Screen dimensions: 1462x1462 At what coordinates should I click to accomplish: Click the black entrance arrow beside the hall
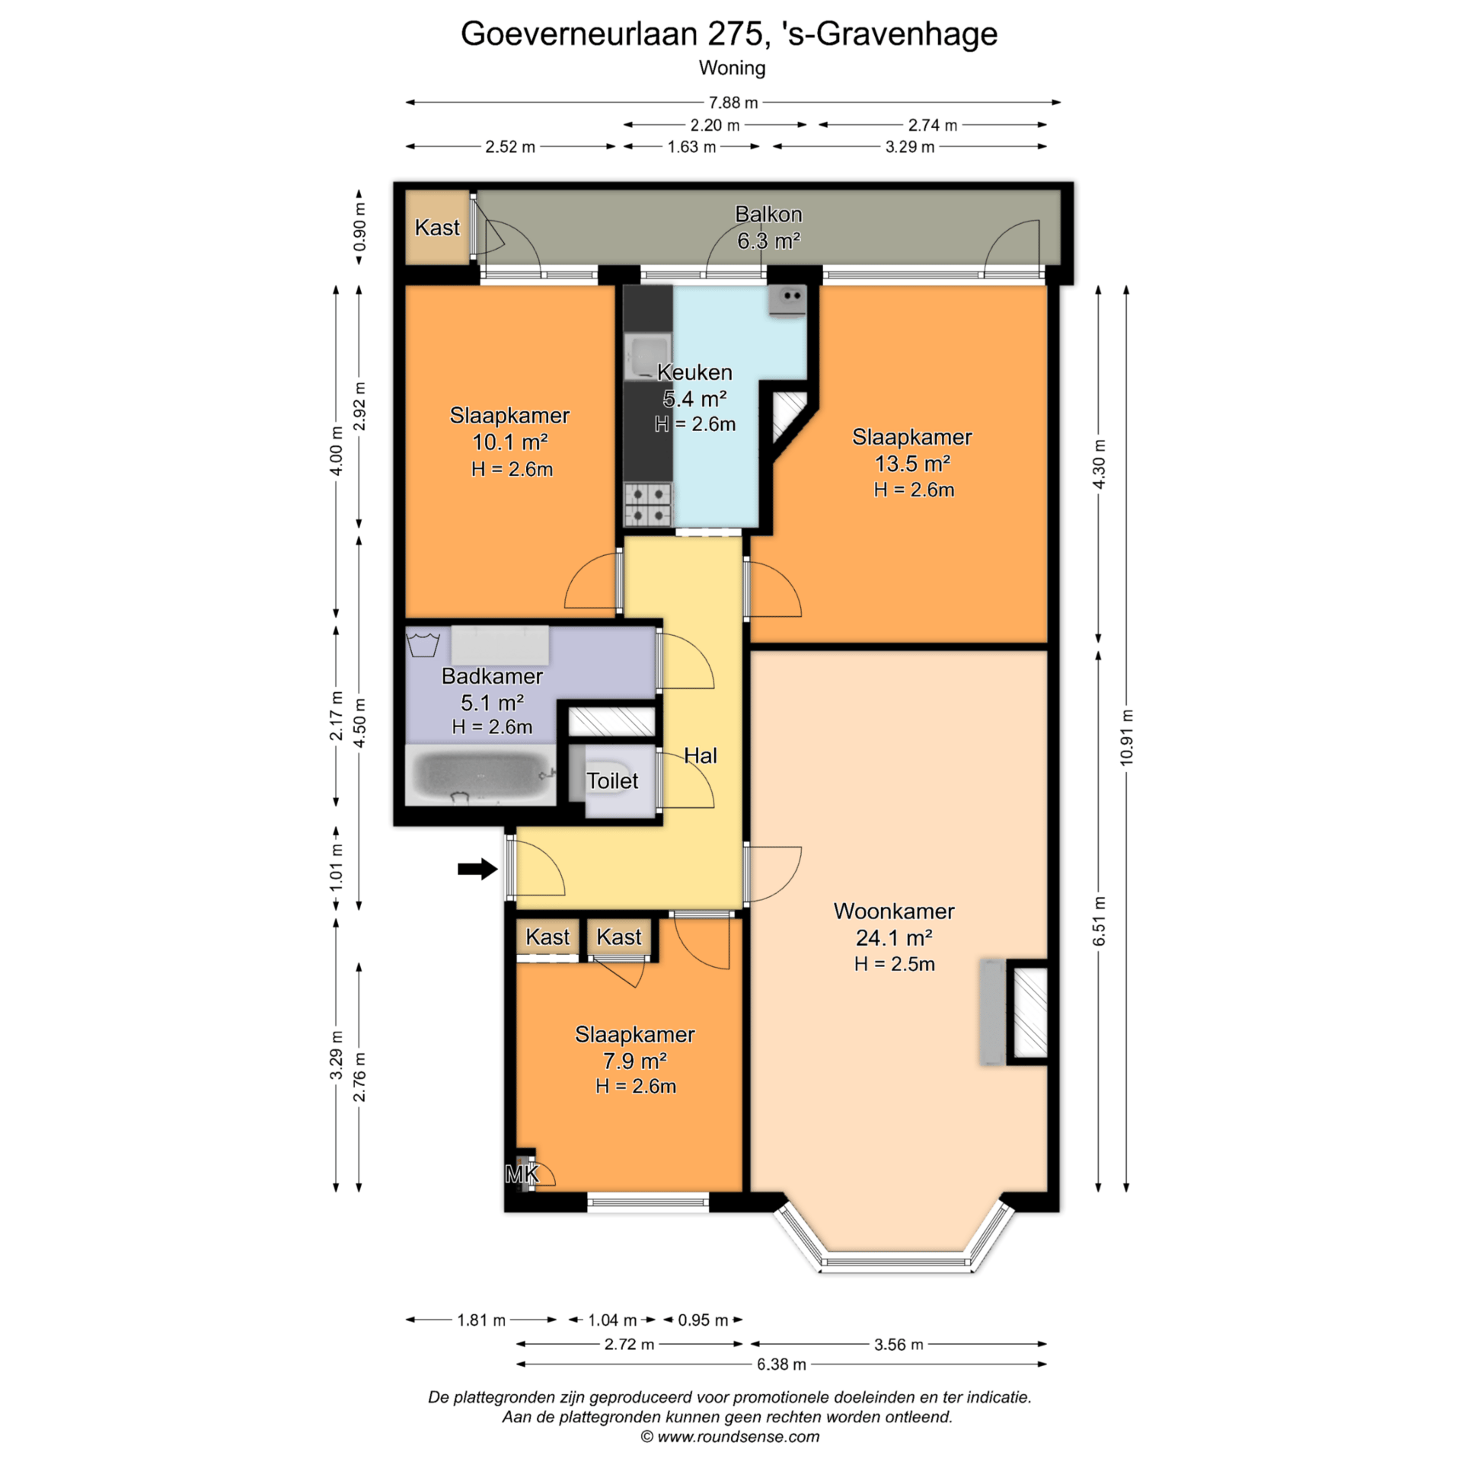coord(477,868)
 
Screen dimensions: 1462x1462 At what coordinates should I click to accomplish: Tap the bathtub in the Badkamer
coord(481,774)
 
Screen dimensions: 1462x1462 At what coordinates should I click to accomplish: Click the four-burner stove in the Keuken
coord(648,504)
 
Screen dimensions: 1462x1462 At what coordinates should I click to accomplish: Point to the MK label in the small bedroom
coord(522,1174)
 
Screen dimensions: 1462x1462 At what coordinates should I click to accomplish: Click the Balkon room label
coord(768,215)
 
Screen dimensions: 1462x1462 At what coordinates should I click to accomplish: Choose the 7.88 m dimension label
coord(733,102)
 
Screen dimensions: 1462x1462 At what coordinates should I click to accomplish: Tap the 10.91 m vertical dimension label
coord(1126,737)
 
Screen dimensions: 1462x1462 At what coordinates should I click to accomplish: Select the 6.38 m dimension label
coord(781,1364)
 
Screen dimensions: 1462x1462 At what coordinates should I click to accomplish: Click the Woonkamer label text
coord(894,911)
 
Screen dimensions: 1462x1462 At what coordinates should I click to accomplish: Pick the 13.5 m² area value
coord(912,463)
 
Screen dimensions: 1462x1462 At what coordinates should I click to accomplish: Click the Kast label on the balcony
coord(437,227)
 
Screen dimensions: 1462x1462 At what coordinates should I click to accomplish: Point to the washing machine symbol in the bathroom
coord(423,642)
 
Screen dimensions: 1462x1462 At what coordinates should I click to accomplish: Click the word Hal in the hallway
coord(701,755)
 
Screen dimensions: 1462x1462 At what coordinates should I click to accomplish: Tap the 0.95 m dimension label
coord(703,1320)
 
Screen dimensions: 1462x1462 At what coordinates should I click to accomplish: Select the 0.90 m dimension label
coord(359,226)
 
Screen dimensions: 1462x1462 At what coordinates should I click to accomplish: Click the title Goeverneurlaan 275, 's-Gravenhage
coord(729,34)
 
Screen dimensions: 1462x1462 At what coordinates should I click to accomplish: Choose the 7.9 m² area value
coord(635,1060)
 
